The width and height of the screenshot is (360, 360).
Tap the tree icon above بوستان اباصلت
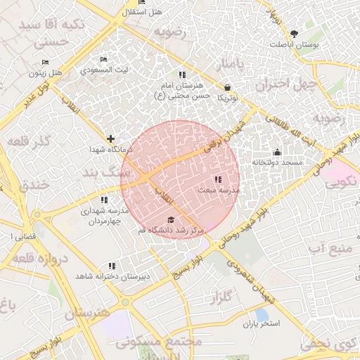coord(294,33)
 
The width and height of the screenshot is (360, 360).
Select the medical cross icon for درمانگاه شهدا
coord(110,139)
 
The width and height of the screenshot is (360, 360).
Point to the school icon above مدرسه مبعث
coord(217,179)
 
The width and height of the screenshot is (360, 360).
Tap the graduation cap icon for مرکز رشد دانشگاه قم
coord(171,219)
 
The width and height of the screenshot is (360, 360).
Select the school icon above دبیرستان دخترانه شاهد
coord(112,266)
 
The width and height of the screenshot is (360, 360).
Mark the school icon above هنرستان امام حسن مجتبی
coord(182,75)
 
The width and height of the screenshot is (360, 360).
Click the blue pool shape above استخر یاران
coord(262,313)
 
